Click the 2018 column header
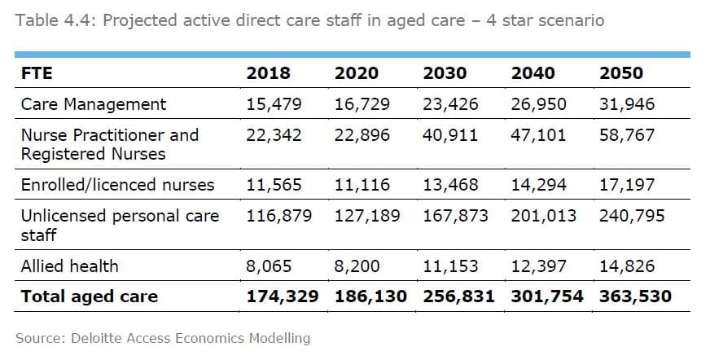pyautogui.click(x=268, y=73)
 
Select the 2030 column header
pyautogui.click(x=445, y=73)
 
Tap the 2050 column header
pyautogui.click(x=621, y=73)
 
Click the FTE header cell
pyautogui.click(x=37, y=73)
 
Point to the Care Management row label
pyautogui.click(x=93, y=104)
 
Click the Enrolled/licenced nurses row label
pyautogui.click(x=117, y=185)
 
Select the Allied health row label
pyautogui.click(x=69, y=266)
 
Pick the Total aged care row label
pyautogui.click(x=89, y=296)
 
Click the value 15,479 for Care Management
pyautogui.click(x=274, y=104)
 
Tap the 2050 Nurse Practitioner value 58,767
pyautogui.click(x=627, y=134)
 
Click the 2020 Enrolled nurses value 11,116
pyautogui.click(x=362, y=185)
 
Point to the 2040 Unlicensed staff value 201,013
pyautogui.click(x=543, y=216)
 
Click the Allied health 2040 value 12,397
pyautogui.click(x=538, y=266)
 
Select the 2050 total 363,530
pyautogui.click(x=635, y=296)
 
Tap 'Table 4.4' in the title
pyautogui.click(x=48, y=20)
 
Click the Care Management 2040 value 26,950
pyautogui.click(x=538, y=104)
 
